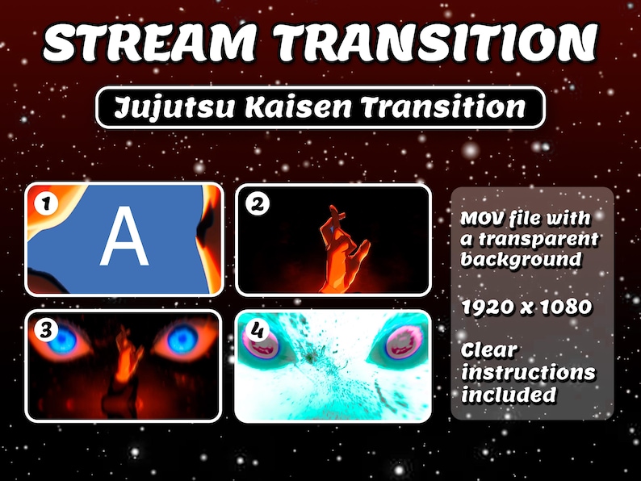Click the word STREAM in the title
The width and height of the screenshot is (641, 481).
[149, 43]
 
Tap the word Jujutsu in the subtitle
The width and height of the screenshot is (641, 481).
[174, 107]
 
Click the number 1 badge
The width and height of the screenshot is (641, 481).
[46, 203]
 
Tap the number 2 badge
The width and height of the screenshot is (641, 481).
[258, 204]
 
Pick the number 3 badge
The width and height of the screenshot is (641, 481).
[46, 330]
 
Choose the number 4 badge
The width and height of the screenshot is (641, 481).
[257, 330]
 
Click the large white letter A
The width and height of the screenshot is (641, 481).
[124, 236]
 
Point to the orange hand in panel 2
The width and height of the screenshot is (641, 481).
[342, 250]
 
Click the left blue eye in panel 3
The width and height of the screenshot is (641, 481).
[62, 340]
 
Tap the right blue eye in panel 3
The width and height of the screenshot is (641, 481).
[182, 339]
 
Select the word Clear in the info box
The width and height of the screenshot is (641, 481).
[489, 350]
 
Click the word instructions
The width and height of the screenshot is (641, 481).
[528, 372]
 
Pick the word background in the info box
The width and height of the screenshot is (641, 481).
[522, 259]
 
